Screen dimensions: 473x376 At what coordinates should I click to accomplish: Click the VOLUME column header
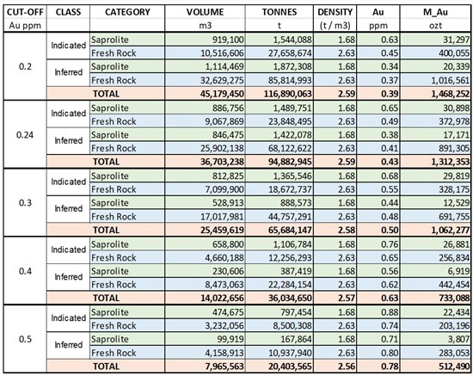coord(205,12)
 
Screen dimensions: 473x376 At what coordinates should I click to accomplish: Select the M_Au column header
coord(435,12)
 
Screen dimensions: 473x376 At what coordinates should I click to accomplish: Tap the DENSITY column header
coord(335,12)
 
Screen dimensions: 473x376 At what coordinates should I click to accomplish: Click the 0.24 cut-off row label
coord(25,134)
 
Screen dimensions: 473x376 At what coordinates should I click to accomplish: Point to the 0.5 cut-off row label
coord(25,339)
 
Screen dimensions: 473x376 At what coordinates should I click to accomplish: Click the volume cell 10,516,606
coord(223,53)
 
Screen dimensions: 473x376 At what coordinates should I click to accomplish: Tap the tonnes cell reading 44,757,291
coord(290,216)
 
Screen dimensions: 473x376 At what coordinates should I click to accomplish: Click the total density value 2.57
coord(347,299)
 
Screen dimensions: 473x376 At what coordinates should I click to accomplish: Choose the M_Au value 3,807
coord(459,339)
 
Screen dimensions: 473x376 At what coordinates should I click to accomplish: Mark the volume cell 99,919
coord(230,339)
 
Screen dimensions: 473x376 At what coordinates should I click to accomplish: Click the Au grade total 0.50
coord(390,230)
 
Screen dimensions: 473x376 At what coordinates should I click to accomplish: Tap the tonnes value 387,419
coord(296,271)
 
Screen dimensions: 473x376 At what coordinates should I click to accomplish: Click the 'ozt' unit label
coord(435,25)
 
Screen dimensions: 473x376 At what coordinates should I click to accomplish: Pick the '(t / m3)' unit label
coord(335,25)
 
